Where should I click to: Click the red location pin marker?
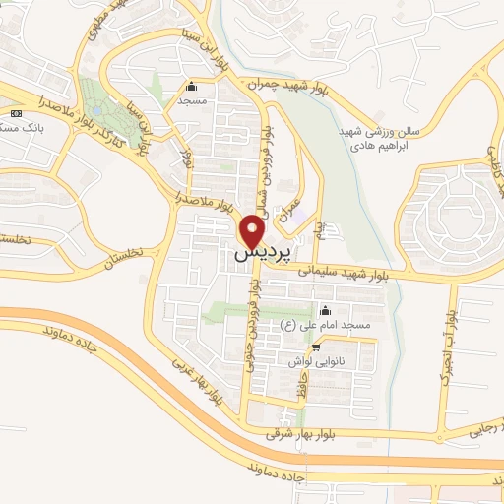click(x=253, y=231)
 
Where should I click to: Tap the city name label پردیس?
click(x=253, y=254)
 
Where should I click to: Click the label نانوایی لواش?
click(x=314, y=361)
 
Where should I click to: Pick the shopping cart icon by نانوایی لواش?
click(x=316, y=346)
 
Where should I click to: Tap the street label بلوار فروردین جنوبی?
click(x=252, y=335)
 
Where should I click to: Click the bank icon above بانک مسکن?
click(x=15, y=114)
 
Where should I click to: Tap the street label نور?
click(x=187, y=155)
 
